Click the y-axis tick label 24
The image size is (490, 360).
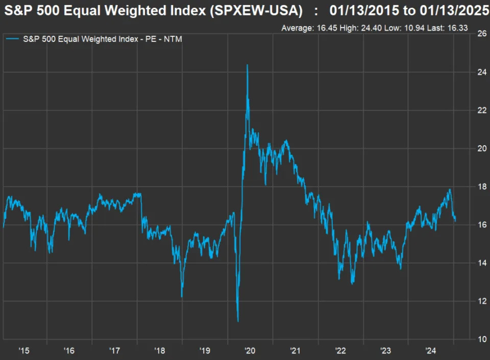481,72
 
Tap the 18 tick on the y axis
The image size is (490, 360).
481,187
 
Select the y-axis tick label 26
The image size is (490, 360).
481,34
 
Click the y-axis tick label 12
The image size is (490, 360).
481,301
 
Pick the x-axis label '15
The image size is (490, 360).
24,351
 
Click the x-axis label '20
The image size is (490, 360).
250,351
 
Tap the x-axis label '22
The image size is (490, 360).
340,351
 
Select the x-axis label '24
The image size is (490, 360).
431,351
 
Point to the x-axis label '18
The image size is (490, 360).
160,351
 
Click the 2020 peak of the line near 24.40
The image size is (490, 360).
248,65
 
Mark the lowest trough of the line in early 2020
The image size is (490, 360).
238,321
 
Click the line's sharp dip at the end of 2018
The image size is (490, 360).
182,296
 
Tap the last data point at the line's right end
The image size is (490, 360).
455,221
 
